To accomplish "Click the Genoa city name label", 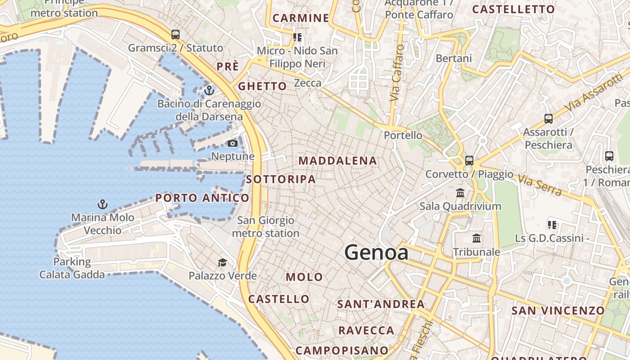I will [x=376, y=252].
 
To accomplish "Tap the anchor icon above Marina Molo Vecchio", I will [x=103, y=205].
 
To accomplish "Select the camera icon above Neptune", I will [x=233, y=144].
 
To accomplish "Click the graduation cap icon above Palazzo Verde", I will [x=222, y=262].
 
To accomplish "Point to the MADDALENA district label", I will [x=337, y=161].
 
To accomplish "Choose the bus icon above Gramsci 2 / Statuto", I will [x=175, y=35].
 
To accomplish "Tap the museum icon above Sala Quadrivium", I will [x=460, y=193].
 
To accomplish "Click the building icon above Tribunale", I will [x=477, y=238].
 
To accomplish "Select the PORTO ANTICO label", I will [x=202, y=198].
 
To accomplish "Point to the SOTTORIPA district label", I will [x=281, y=179].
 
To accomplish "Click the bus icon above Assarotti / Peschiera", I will [x=549, y=119].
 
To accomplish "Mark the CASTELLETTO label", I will [x=513, y=9].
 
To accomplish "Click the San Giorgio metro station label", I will [x=265, y=227].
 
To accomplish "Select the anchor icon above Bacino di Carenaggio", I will [x=209, y=90].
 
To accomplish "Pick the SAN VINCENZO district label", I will [x=558, y=310].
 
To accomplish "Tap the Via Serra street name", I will [x=540, y=185].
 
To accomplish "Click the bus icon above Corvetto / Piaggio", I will [x=469, y=160].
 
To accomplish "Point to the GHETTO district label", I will [x=262, y=86].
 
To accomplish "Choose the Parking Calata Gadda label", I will [x=72, y=268].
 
